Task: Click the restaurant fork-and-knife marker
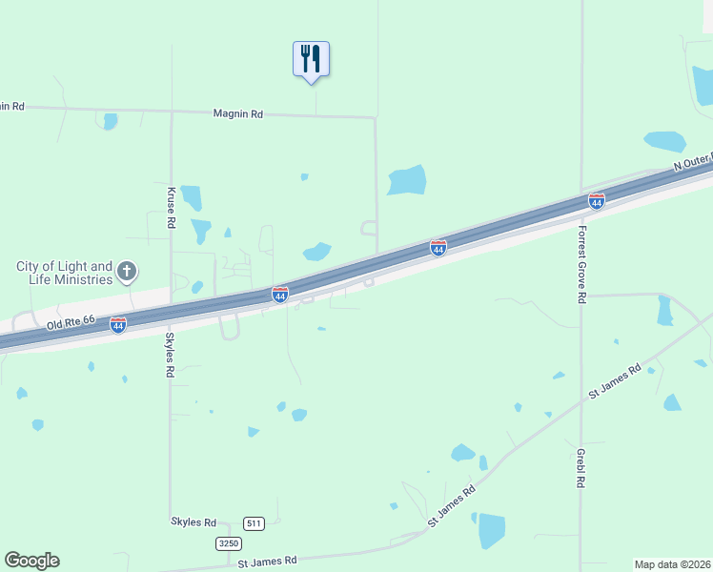311,59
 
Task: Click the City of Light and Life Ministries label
65,273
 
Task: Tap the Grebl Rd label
580,468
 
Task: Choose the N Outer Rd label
692,164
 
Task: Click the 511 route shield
253,523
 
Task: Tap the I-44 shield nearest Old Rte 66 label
118,326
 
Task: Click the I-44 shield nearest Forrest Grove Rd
596,201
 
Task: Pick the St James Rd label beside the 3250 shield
267,561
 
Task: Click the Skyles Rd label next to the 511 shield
194,522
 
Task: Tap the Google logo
31,561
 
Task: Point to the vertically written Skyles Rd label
171,354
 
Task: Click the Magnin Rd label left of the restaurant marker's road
237,113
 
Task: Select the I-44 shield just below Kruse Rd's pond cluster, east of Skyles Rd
279,296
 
